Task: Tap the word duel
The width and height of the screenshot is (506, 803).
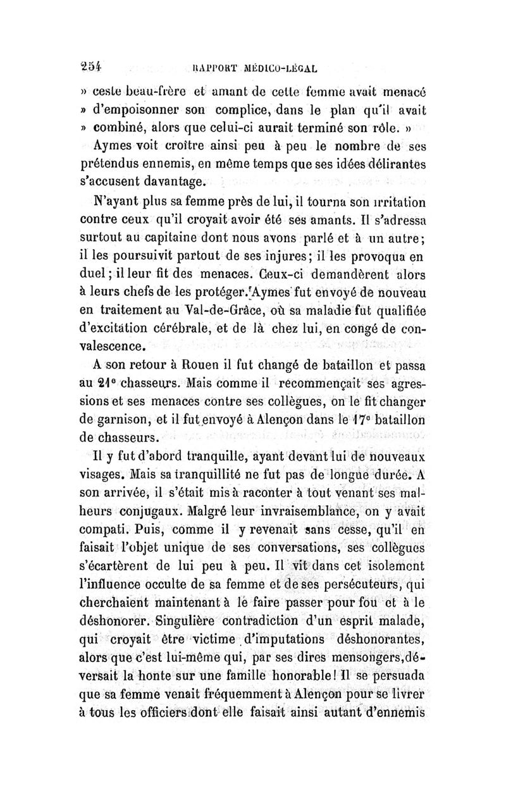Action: pyautogui.click(x=110, y=276)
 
